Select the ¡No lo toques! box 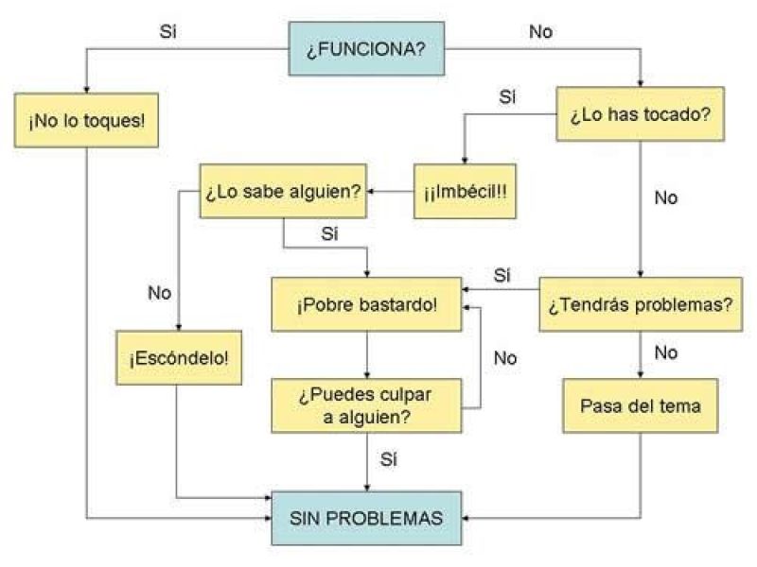86,123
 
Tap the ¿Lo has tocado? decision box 640,114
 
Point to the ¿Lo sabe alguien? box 282,191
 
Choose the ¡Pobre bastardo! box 366,304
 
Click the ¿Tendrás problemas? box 640,304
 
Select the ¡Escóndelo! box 178,359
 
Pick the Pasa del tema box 641,405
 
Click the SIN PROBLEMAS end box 366,518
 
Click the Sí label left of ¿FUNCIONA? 167,30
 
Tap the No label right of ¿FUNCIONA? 540,31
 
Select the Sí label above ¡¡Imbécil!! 507,97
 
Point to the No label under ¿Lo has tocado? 665,199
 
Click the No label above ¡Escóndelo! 159,292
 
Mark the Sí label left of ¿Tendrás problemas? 502,275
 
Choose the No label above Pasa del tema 665,352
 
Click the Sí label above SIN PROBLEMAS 388,459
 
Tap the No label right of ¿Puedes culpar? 505,357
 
